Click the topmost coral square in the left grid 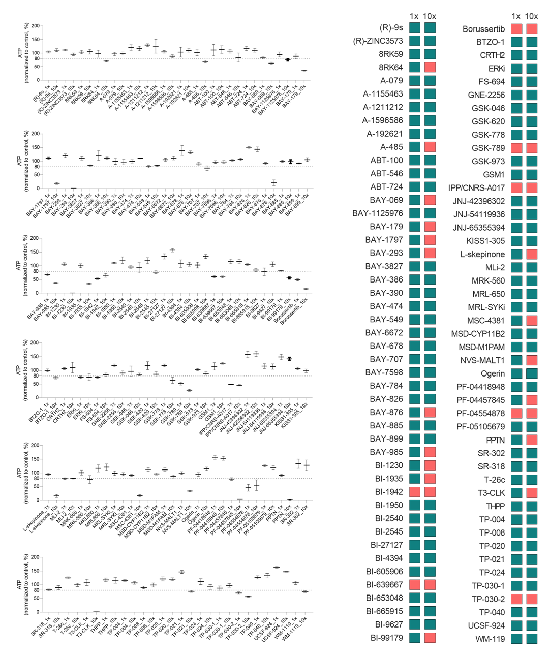[x=430, y=67]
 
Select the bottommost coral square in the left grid [x=430, y=638]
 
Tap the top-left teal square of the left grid [x=415, y=27]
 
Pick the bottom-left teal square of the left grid [x=415, y=638]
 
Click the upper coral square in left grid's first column [x=415, y=492]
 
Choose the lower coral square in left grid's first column [x=415, y=585]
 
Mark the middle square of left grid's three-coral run [x=430, y=240]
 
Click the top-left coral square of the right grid [x=516, y=29]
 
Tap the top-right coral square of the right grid [x=532, y=29]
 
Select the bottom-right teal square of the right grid [x=532, y=639]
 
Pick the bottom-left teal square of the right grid [x=516, y=639]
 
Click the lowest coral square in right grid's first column [x=516, y=599]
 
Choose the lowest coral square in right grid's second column [x=532, y=599]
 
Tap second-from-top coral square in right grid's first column [x=516, y=148]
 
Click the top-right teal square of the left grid [x=430, y=27]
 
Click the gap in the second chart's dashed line [x=149, y=167]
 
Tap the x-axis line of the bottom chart [x=178, y=612]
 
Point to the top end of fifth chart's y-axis [x=43, y=446]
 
